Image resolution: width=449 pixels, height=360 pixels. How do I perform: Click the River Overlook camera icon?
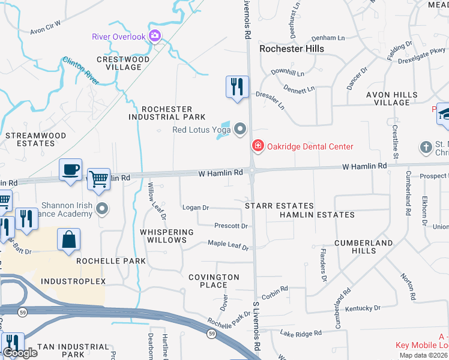(x=155, y=37)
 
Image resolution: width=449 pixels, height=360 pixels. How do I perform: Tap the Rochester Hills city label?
(x=291, y=49)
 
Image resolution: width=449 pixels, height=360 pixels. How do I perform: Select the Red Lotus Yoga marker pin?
(x=241, y=129)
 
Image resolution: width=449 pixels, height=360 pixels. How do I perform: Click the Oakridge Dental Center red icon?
(x=258, y=146)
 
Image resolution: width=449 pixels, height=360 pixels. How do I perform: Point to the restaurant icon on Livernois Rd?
(x=237, y=87)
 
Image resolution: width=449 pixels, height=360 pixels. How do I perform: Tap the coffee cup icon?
(x=70, y=170)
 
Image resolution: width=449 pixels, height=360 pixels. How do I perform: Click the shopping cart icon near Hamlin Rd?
(x=98, y=179)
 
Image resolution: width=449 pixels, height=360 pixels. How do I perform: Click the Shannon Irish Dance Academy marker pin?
(x=102, y=209)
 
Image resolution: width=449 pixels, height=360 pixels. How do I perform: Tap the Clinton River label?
(x=80, y=69)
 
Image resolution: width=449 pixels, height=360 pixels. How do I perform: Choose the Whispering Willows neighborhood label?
(x=167, y=236)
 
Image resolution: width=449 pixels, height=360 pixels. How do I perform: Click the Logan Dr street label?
(x=196, y=208)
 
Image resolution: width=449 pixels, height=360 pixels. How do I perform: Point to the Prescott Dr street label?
(x=231, y=226)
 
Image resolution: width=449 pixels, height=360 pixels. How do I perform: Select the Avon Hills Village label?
(x=392, y=98)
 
